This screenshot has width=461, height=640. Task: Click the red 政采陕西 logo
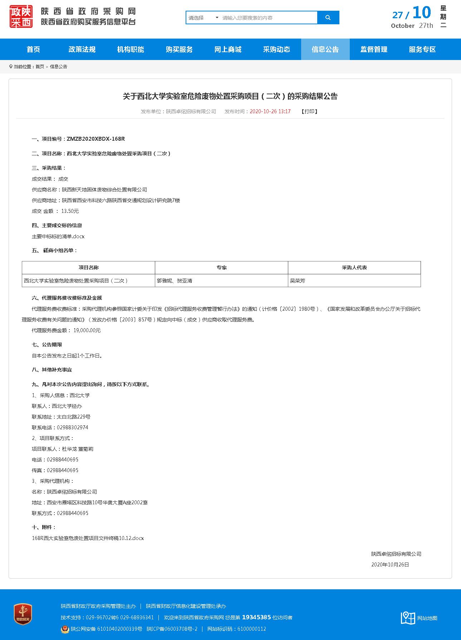[21, 17]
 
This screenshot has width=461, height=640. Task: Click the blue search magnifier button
[328, 17]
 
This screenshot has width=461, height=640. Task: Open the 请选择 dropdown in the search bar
[203, 17]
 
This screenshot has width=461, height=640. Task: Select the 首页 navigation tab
[33, 49]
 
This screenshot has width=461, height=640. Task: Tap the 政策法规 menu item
[82, 49]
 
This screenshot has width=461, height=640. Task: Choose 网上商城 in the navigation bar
[228, 49]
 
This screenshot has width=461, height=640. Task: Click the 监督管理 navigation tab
[374, 49]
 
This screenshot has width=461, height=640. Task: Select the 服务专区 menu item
[422, 49]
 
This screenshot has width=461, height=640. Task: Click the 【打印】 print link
[309, 111]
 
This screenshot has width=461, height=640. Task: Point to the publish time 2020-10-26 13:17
[270, 111]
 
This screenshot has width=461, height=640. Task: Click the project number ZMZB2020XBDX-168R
[95, 139]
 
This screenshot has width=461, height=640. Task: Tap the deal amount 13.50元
[70, 211]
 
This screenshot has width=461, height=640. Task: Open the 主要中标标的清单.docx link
[58, 236]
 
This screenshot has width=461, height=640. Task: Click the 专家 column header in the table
[221, 267]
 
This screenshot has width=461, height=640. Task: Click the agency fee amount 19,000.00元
[87, 330]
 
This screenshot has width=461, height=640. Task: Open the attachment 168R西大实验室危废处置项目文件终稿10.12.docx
[88, 538]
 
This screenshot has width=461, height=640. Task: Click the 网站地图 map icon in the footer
[408, 618]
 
